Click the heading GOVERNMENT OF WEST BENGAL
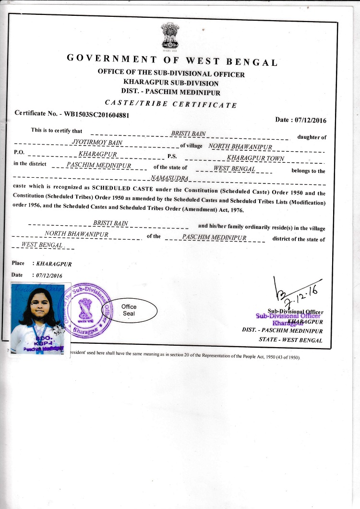[x=172, y=60]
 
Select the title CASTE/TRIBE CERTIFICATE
[x=171, y=104]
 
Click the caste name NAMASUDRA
[x=170, y=179]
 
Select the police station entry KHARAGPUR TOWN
[x=255, y=158]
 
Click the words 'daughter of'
[x=312, y=137]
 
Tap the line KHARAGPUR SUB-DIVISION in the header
[x=171, y=83]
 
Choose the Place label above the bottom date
[x=18, y=263]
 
